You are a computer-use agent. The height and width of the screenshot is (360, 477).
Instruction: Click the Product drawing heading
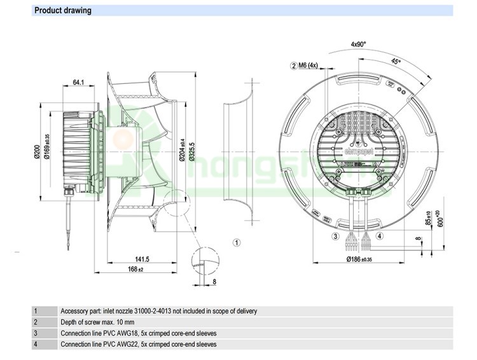pyautogui.click(x=63, y=10)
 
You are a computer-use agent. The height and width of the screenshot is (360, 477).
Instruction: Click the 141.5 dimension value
pyautogui.click(x=142, y=259)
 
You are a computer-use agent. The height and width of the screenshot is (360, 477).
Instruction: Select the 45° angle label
pyautogui.click(x=396, y=62)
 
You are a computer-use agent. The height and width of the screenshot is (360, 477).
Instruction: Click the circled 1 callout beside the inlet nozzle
pyautogui.click(x=237, y=242)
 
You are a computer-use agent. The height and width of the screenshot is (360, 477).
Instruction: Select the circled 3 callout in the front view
pyautogui.click(x=335, y=237)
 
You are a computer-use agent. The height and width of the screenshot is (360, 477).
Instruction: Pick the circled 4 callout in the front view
pyautogui.click(x=380, y=237)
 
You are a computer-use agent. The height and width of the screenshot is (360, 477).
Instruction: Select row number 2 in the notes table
pyautogui.click(x=36, y=322)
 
